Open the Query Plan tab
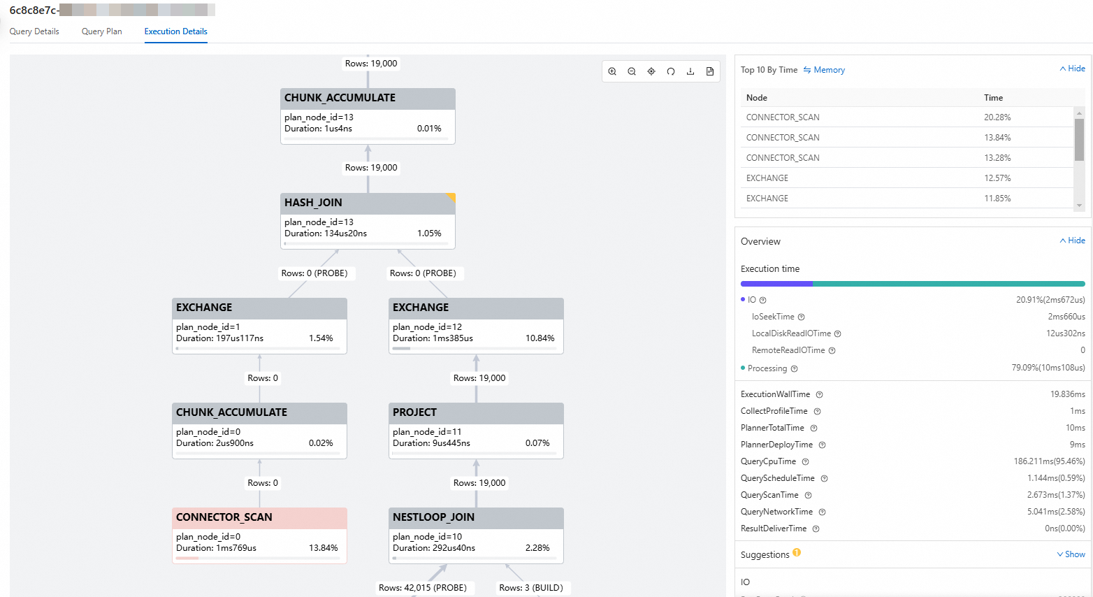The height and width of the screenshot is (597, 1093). click(x=101, y=31)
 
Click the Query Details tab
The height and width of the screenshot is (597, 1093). click(x=34, y=31)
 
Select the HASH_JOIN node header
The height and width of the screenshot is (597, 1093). click(x=313, y=203)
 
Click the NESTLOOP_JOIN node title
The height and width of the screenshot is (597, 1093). click(x=433, y=517)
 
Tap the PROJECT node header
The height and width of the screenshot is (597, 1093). click(x=414, y=412)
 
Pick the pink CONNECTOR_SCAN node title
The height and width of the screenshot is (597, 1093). click(x=224, y=517)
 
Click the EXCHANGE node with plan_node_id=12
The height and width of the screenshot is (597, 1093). click(x=421, y=308)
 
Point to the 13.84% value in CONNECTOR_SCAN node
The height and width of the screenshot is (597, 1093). click(x=323, y=548)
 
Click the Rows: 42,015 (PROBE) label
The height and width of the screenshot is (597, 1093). click(x=422, y=588)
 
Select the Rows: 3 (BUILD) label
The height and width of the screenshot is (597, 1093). click(x=530, y=588)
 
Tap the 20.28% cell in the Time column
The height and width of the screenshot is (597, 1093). click(x=997, y=117)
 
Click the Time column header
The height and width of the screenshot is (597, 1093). click(x=993, y=98)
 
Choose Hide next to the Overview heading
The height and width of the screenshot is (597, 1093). click(x=1073, y=240)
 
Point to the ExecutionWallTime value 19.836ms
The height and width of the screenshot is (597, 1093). click(x=1067, y=394)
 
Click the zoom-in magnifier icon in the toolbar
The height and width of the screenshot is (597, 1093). click(x=612, y=71)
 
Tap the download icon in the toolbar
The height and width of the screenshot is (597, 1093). click(x=690, y=71)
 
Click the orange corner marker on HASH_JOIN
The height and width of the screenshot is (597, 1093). click(x=451, y=197)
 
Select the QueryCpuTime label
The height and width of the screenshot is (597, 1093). click(x=768, y=461)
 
